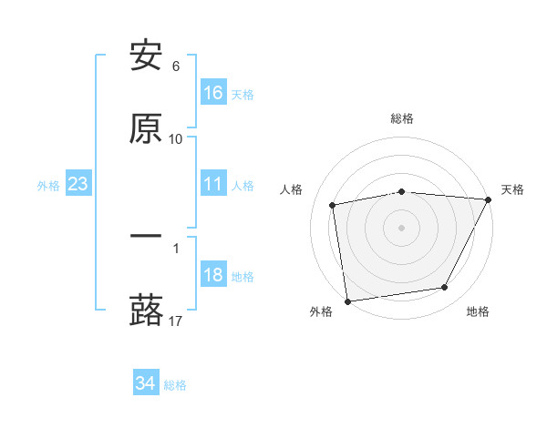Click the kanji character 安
(x=146, y=56)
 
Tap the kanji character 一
(x=146, y=237)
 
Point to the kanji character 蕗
(x=146, y=310)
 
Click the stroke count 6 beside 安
(x=176, y=66)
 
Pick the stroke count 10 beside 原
(x=176, y=138)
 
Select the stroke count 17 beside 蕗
(x=176, y=321)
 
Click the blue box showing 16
(x=213, y=93)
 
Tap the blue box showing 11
(x=213, y=185)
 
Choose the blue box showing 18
(x=213, y=276)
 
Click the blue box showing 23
(x=77, y=185)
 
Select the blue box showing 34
(x=145, y=384)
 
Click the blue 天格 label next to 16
(x=243, y=94)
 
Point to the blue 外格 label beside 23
(x=48, y=186)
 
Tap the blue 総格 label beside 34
(x=175, y=385)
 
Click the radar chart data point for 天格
(x=489, y=200)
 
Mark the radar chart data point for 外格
(x=347, y=301)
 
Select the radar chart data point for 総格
(x=401, y=191)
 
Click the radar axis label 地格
(x=478, y=311)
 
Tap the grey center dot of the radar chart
(x=401, y=227)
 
